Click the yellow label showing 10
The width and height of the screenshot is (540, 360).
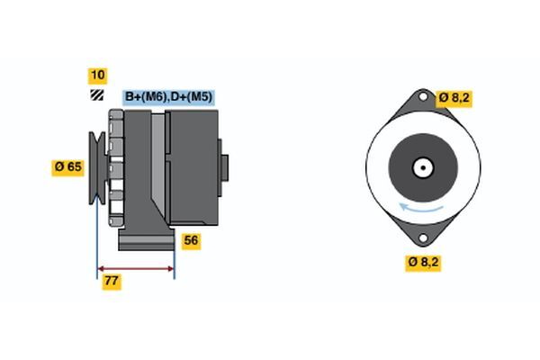(97, 76)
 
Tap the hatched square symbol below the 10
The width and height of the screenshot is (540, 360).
(96, 95)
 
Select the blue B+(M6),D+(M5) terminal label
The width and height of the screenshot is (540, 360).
(168, 96)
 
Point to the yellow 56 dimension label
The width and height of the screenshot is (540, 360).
(191, 240)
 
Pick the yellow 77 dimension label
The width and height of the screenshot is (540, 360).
(112, 282)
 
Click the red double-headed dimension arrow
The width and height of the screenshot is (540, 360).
(135, 268)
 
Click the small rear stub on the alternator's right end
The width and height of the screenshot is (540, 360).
(225, 167)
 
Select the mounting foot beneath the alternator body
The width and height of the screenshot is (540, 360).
(144, 242)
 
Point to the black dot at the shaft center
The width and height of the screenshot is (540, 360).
(421, 167)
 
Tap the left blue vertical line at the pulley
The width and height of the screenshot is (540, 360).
(97, 234)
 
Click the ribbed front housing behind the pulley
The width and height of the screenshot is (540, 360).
(116, 167)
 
